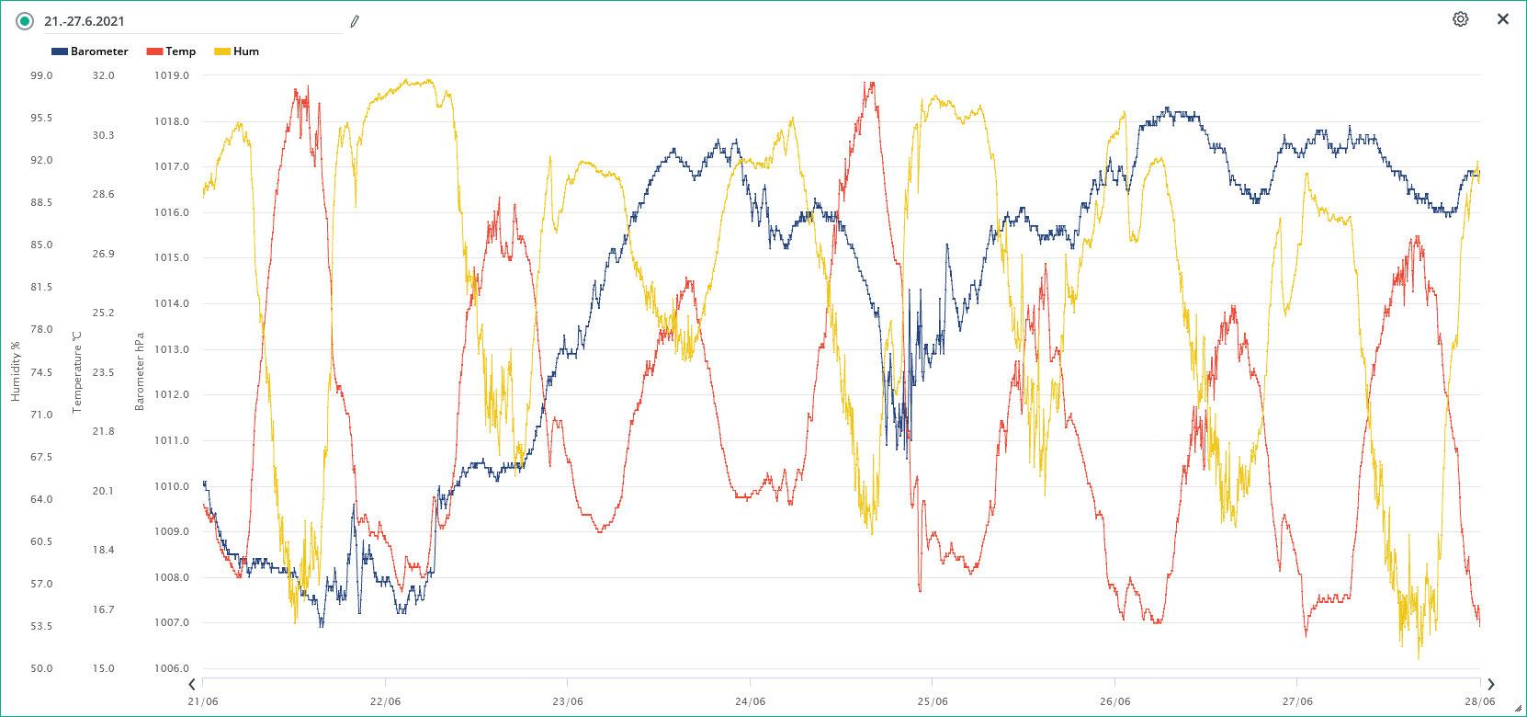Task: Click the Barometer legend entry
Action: click(90, 51)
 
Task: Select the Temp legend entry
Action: click(172, 51)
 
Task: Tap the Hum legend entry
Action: click(237, 51)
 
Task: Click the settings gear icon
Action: click(1460, 19)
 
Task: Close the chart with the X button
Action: click(1503, 19)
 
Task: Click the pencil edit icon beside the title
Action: click(355, 21)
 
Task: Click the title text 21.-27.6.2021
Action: click(85, 21)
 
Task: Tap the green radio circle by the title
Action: click(25, 21)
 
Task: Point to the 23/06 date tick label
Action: click(568, 701)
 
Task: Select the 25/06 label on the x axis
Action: click(933, 701)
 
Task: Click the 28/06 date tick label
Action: click(1479, 701)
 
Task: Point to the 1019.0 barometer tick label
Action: click(172, 75)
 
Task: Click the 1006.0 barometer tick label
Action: click(172, 668)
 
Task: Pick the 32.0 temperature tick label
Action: click(104, 75)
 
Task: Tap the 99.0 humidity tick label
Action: click(41, 75)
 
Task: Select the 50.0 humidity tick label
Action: click(41, 668)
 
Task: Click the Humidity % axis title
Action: click(15, 371)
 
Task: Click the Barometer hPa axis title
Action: click(140, 371)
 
